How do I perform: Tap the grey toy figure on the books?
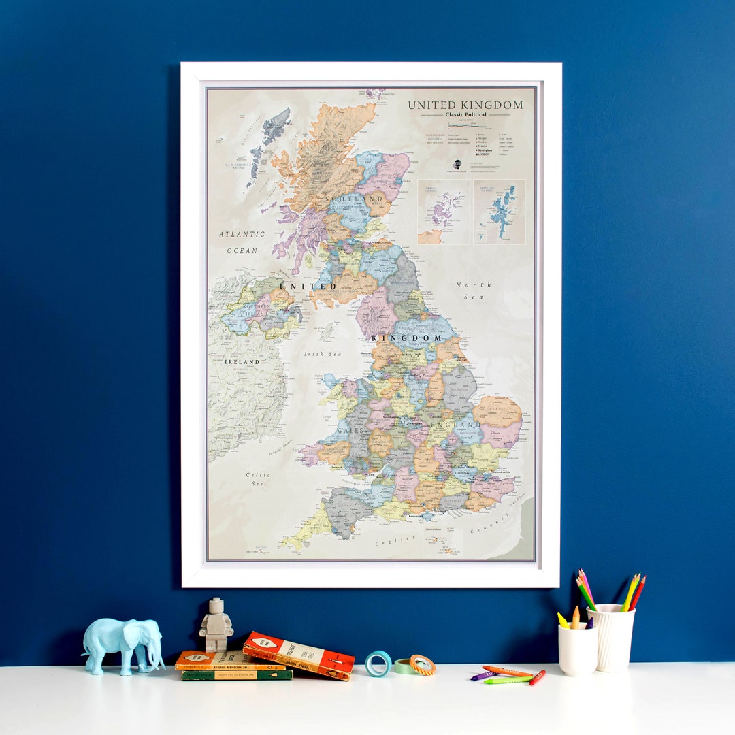click(x=216, y=625)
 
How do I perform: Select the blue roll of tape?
click(x=378, y=663)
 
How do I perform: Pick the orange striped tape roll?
click(x=423, y=665)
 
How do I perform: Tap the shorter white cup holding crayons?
click(x=576, y=651)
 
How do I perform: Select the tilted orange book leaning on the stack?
click(x=299, y=654)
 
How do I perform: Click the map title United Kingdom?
click(x=465, y=105)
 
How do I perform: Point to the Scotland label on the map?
click(x=355, y=199)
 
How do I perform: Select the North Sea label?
click(x=474, y=291)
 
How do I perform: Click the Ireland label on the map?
click(x=242, y=361)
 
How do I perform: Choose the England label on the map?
click(x=445, y=424)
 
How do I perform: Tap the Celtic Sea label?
click(x=257, y=478)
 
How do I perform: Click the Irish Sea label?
click(x=323, y=354)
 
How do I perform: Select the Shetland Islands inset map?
click(x=500, y=212)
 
